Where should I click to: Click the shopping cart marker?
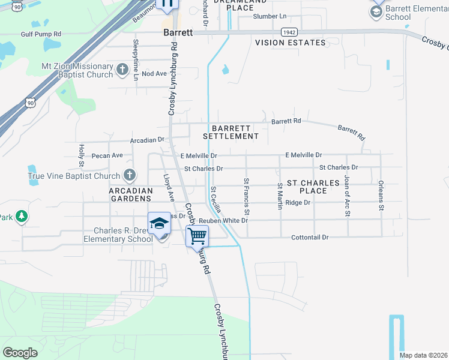(x=197, y=236)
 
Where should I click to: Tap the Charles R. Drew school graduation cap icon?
(x=160, y=223)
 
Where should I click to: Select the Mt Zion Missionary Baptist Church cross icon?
(x=122, y=70)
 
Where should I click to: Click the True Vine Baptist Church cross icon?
(x=128, y=176)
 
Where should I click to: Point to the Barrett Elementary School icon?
(x=377, y=11)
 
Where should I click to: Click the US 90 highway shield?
(x=31, y=103)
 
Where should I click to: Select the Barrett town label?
(x=178, y=33)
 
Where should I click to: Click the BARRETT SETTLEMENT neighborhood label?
(x=231, y=132)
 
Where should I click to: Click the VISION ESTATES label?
(x=290, y=43)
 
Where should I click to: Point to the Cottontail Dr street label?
(x=309, y=237)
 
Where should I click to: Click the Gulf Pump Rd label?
(x=41, y=35)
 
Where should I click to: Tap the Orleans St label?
(x=381, y=196)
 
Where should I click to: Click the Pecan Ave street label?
(x=107, y=155)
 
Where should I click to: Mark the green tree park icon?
(x=22, y=216)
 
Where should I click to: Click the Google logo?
(x=20, y=352)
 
